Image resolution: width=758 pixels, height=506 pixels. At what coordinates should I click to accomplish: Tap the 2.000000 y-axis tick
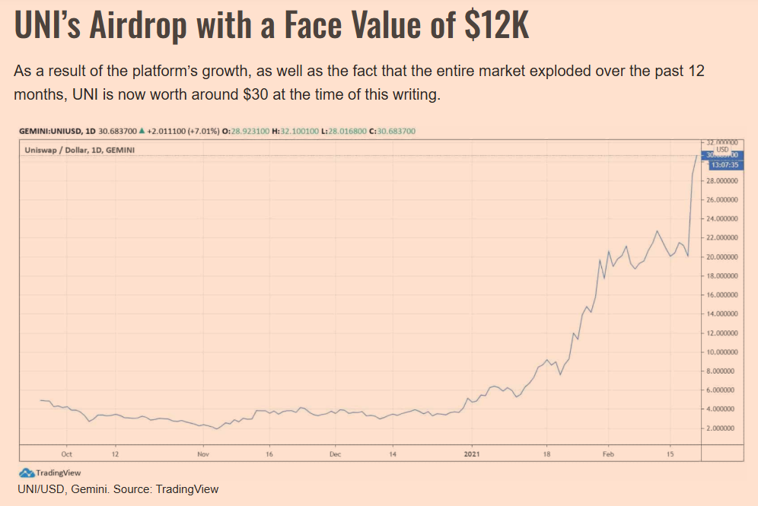(x=721, y=428)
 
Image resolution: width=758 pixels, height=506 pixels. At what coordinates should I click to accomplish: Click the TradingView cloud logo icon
(x=27, y=473)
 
